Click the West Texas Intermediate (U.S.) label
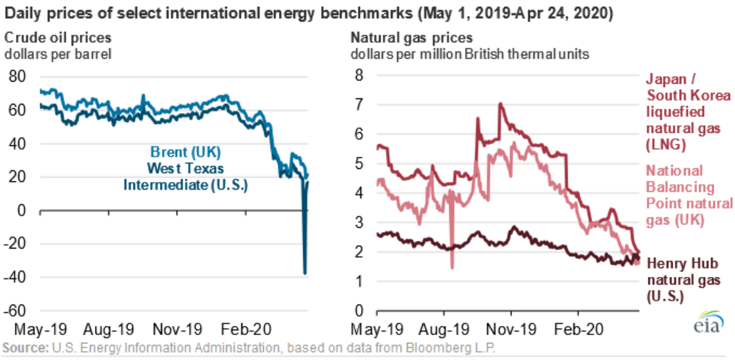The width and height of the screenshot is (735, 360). tap(185, 177)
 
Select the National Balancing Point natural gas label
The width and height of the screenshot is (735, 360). tap(688, 195)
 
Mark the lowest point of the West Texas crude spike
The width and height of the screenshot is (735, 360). tap(305, 273)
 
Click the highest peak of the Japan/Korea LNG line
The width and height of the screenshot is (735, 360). tap(500, 104)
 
